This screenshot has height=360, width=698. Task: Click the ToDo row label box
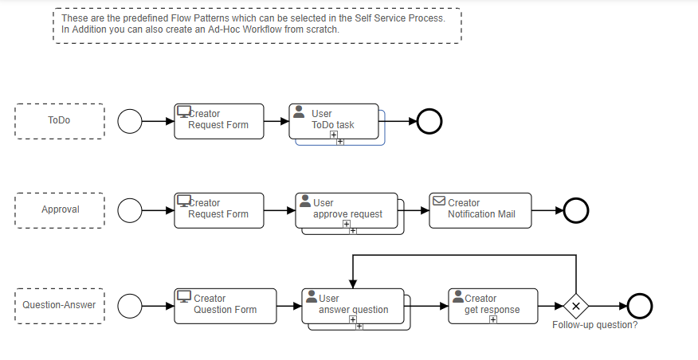pos(59,121)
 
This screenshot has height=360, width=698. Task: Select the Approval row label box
pos(60,210)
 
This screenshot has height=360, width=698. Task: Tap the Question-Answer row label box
pos(59,305)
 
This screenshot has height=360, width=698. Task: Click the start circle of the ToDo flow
pos(130,121)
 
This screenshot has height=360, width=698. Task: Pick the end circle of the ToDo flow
pos(429,121)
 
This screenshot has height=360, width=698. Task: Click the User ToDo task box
pos(334,120)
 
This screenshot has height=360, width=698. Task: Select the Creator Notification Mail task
pos(480,209)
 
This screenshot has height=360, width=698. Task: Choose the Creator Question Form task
pos(225,305)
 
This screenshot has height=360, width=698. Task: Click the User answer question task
pos(352,305)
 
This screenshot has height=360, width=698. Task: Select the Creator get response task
pos(492,305)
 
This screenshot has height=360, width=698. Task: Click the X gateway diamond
pos(575,306)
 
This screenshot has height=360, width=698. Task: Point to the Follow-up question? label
pos(594,325)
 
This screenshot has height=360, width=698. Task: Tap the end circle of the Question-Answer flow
pos(639,305)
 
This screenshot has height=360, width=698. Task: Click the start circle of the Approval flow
pos(130,210)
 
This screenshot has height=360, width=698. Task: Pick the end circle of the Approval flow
pos(575,210)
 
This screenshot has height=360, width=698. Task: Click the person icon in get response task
pos(458,296)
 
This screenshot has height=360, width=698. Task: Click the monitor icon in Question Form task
pos(184,296)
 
